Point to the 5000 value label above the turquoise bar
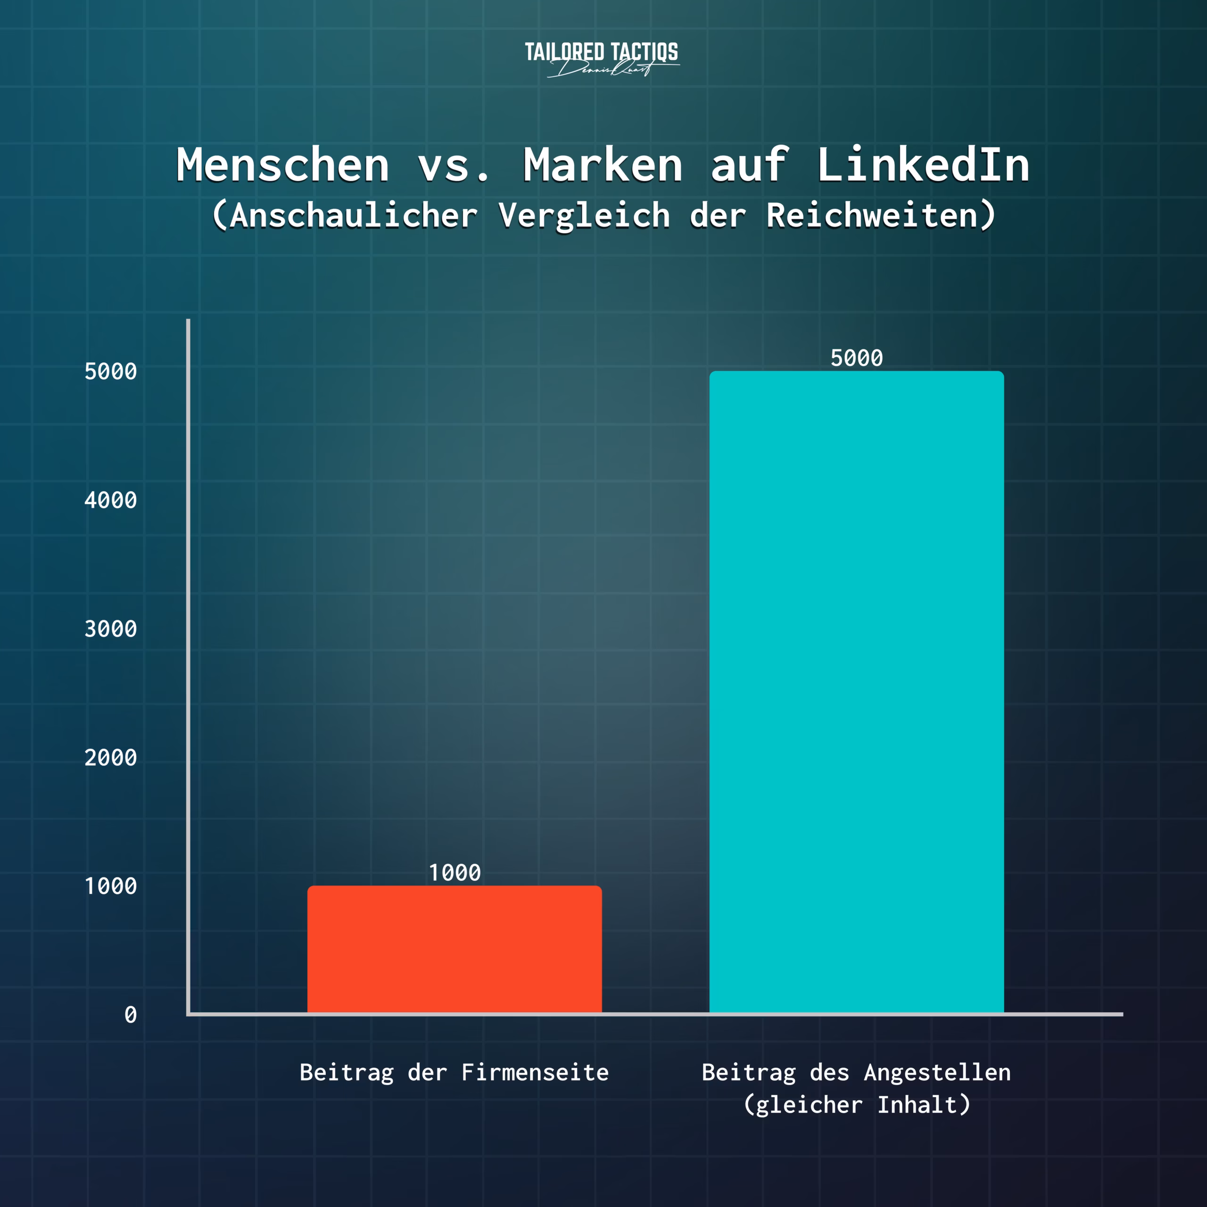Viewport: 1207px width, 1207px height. coord(857,358)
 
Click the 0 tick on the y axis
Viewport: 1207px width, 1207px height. coord(131,1015)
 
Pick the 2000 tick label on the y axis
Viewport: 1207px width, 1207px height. coord(111,758)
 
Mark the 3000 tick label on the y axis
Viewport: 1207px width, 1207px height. coord(111,629)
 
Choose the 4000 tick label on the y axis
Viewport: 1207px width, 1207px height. coord(111,500)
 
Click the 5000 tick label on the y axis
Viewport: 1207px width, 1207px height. coord(111,372)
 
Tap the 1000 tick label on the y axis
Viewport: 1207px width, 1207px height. coord(111,886)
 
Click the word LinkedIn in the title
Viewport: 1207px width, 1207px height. coord(923,165)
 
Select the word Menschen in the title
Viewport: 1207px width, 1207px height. coord(283,165)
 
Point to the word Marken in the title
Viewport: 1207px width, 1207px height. coord(603,165)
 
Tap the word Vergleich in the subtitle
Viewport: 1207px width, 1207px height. coord(584,216)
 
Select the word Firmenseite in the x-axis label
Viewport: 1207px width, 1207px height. coord(535,1072)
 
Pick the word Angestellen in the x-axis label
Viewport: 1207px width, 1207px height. coord(937,1072)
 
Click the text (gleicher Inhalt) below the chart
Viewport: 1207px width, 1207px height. coord(857,1105)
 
